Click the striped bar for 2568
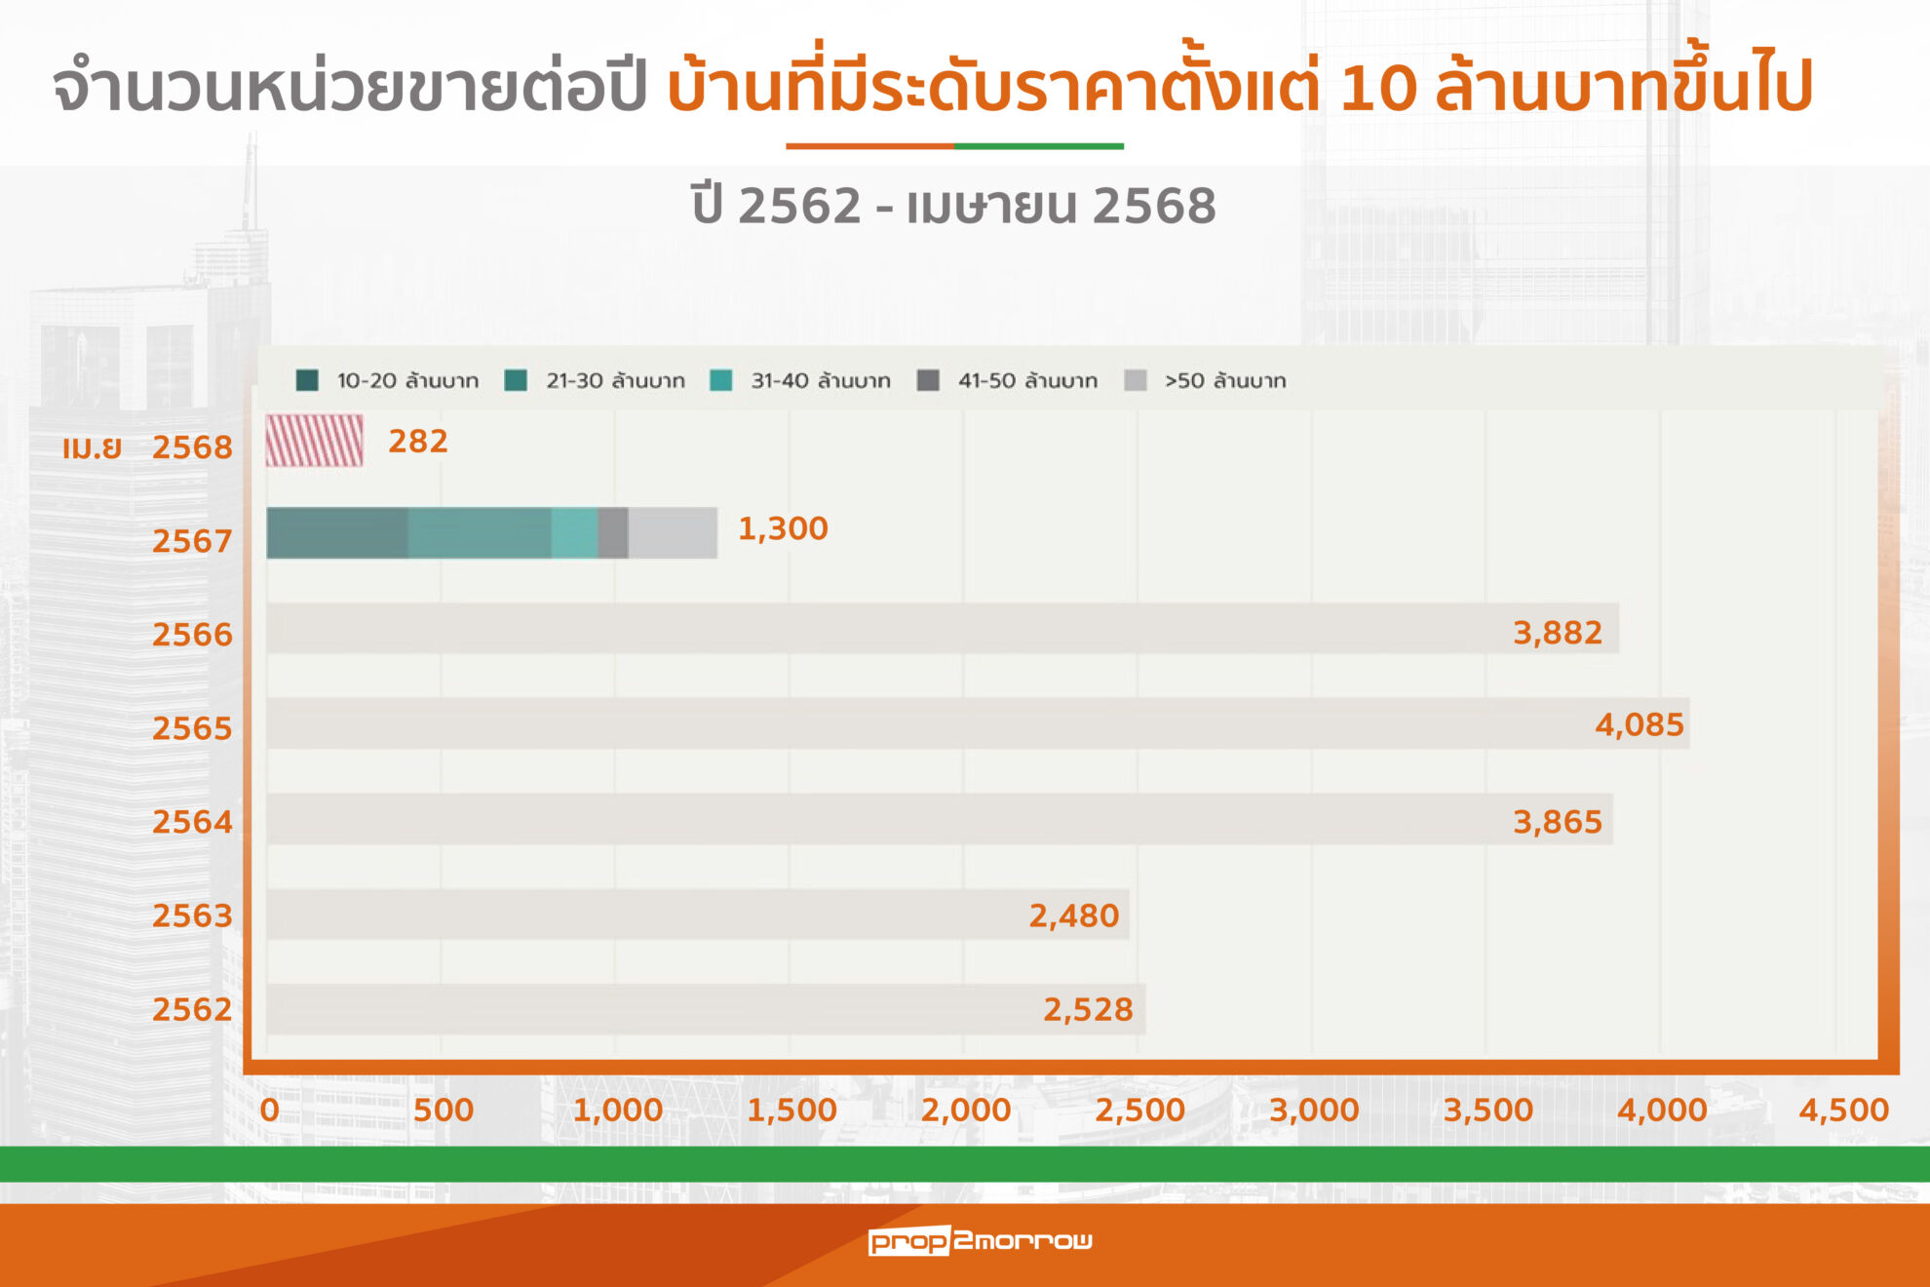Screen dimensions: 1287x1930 315,441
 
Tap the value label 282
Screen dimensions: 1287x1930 418,442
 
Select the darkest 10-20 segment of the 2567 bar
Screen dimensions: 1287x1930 337,533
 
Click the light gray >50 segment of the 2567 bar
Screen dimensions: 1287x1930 673,533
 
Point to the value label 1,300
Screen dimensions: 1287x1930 783,528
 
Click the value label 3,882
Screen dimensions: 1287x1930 1557,633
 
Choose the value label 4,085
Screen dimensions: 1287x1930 1639,724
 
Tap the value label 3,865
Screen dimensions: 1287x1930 1557,822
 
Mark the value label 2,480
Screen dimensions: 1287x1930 1073,916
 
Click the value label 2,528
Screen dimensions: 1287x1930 1088,1009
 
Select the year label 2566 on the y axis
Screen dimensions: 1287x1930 192,635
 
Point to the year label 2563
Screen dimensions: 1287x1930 192,916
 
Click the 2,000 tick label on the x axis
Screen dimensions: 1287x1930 966,1110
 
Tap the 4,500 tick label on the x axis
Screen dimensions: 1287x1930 1843,1110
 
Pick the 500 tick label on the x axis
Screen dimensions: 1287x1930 444,1110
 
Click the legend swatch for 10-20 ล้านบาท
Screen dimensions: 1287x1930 307,380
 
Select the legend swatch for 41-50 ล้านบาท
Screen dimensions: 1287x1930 928,380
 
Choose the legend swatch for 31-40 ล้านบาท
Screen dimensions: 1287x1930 721,380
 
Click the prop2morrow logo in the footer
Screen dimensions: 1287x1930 980,1240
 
